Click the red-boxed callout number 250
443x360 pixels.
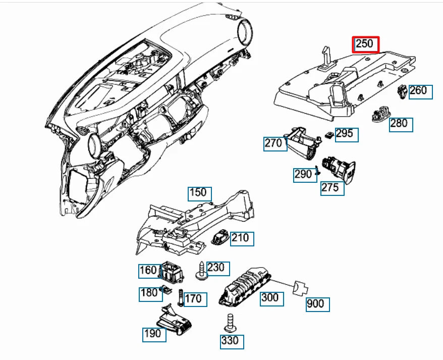365,44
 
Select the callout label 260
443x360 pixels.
421,92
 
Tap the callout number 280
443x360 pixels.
401,125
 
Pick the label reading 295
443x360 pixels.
347,135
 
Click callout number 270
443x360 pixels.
275,144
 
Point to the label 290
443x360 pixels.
305,175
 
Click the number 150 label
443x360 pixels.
200,194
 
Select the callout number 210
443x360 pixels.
242,239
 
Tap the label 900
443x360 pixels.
317,304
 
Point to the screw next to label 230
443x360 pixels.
201,271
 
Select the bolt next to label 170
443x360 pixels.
181,298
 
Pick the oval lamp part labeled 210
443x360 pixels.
220,236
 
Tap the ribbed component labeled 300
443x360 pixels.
244,287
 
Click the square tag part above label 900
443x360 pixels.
300,288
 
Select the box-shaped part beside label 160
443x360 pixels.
172,272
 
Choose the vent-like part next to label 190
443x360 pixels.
175,320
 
